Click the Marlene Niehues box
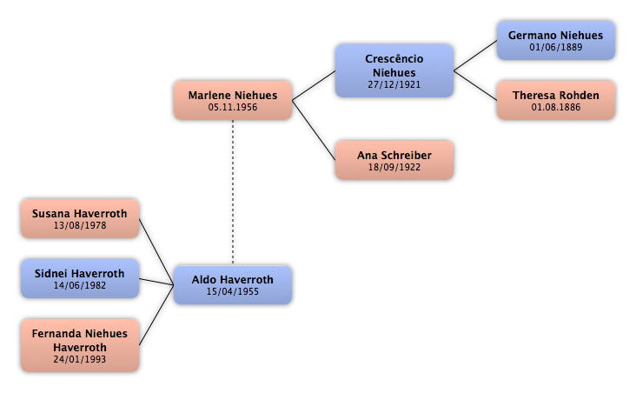tap(233, 100)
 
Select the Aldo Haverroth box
tap(233, 285)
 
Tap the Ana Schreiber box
tap(394, 160)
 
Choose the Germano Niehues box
tap(556, 41)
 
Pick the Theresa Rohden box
tap(556, 100)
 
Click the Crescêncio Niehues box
tap(394, 71)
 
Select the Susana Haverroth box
tap(80, 219)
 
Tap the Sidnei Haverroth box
tap(80, 278)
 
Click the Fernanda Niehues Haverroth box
tap(80, 345)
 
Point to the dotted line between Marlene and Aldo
tap(233, 192)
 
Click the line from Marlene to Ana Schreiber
tap(314, 130)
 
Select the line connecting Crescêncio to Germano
tap(475, 56)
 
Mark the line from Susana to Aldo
tap(156, 252)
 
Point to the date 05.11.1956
tap(233, 107)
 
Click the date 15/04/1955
tap(232, 291)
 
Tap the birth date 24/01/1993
tap(80, 359)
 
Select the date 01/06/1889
tap(556, 47)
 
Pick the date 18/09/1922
tap(394, 167)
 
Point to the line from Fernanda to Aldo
tap(156, 316)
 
